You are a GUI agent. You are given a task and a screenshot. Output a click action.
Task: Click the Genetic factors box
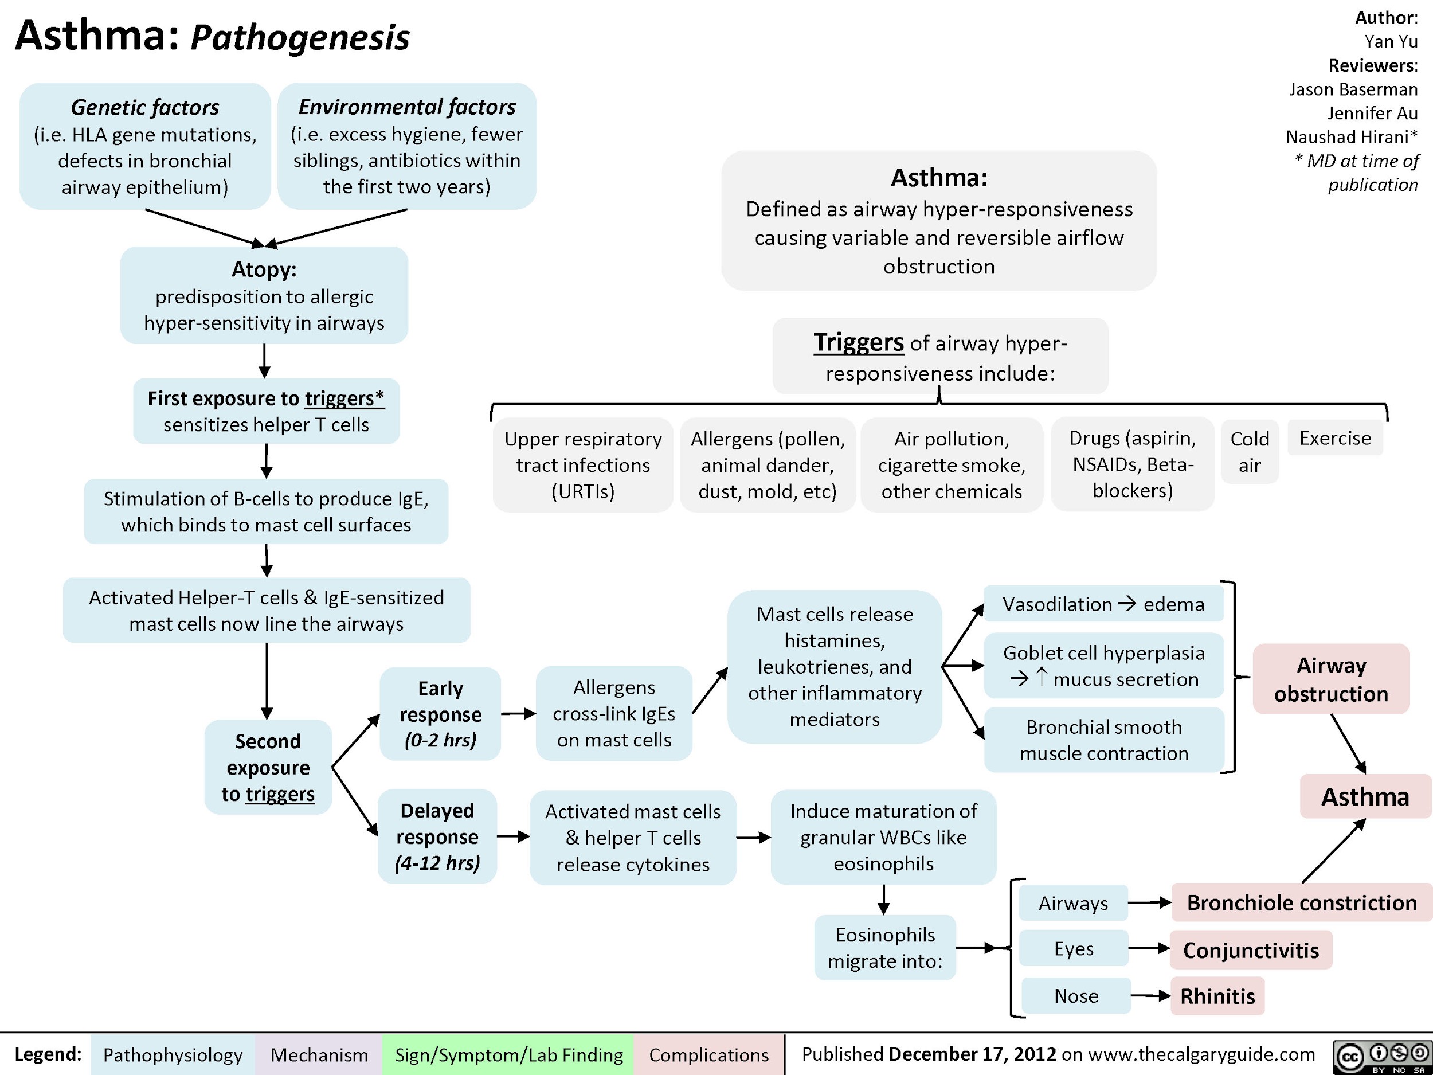145,146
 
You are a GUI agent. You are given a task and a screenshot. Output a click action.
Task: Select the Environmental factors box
407,146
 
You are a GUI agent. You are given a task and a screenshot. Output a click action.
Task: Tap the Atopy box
264,295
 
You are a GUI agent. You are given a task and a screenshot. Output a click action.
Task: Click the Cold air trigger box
1250,452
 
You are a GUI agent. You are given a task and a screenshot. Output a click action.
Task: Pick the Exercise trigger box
1335,438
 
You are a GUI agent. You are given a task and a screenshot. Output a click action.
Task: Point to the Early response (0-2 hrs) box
441,713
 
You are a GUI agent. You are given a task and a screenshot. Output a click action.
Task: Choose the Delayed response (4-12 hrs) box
437,836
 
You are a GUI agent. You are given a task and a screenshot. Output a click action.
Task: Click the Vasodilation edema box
1103,604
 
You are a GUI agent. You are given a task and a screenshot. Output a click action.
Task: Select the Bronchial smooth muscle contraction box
1104,740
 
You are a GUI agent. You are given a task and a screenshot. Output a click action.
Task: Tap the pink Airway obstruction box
1332,679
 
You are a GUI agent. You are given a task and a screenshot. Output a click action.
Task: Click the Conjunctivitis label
1251,950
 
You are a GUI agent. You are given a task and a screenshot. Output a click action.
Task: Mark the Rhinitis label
1217,995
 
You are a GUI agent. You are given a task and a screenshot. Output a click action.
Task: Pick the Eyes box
1074,949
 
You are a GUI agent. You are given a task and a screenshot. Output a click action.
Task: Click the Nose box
1076,995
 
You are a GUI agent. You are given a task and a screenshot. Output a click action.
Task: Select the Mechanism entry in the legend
319,1055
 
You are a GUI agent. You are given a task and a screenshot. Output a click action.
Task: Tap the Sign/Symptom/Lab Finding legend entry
508,1055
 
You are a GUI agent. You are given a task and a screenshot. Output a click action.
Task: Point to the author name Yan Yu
1391,41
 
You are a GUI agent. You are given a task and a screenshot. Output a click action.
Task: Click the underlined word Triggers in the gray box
859,342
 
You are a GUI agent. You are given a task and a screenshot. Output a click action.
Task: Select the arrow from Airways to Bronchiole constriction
1149,902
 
